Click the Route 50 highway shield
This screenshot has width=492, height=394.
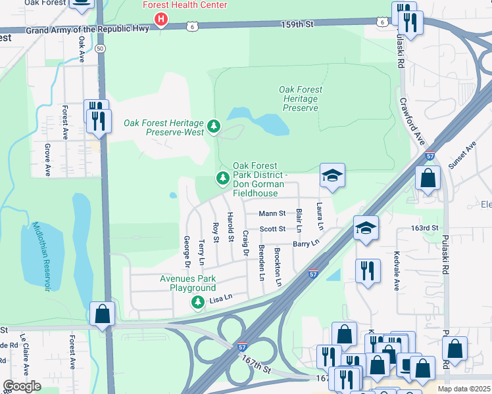coord(99,49)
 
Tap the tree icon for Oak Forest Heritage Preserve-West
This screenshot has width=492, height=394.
coord(213,126)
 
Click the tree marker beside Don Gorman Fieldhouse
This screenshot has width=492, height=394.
coord(223,178)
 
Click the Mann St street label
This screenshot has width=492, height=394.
coord(272,213)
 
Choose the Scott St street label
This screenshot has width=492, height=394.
coord(272,229)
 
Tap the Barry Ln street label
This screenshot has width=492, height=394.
coord(306,243)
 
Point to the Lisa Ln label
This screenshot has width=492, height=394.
coord(221,299)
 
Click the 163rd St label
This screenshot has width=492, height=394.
coord(424,228)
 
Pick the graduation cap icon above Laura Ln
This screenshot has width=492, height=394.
coord(332,175)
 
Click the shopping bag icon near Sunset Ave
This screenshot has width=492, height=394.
coord(428,178)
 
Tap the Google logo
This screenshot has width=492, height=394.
coord(22,386)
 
